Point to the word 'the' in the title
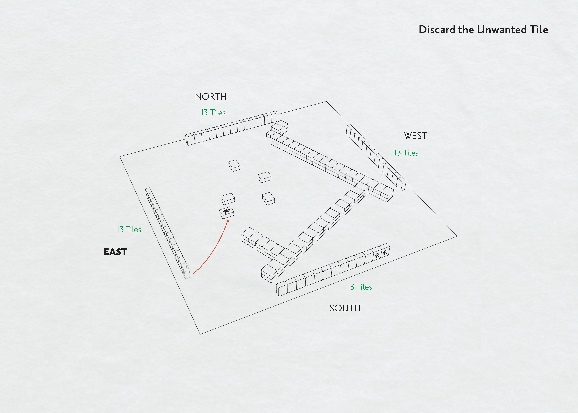467,30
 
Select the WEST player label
415,136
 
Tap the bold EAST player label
115,252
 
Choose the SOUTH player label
345,308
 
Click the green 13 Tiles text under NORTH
213,113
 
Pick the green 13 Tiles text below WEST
406,153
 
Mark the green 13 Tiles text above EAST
129,230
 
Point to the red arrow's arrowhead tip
228,220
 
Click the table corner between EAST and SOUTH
200,334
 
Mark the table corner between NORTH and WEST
326,102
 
